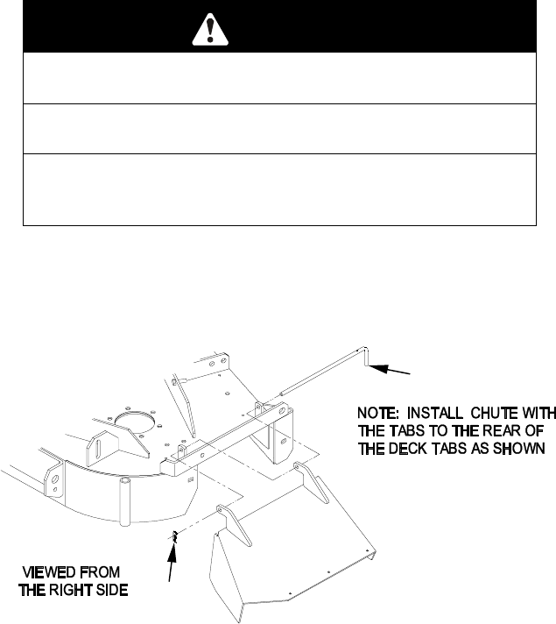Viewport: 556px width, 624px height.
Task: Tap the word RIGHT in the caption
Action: (71, 589)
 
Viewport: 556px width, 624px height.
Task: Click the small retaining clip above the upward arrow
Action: (173, 536)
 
